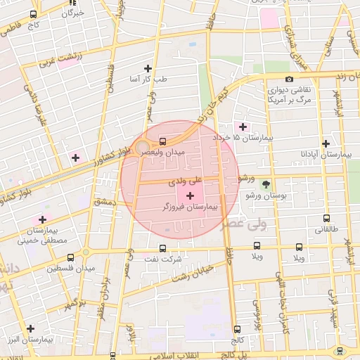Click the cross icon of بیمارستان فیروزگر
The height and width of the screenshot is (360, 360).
click(190, 194)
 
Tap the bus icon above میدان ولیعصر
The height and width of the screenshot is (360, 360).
click(163, 141)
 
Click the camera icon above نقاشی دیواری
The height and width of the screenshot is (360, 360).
click(289, 79)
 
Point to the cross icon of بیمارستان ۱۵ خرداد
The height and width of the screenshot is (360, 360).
click(243, 127)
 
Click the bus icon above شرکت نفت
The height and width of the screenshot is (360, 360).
click(163, 247)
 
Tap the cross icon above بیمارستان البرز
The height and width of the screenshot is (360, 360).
click(30, 328)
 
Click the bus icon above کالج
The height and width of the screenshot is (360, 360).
click(237, 328)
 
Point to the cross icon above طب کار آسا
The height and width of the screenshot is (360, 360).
click(148, 68)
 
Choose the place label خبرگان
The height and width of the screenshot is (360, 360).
click(73, 13)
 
